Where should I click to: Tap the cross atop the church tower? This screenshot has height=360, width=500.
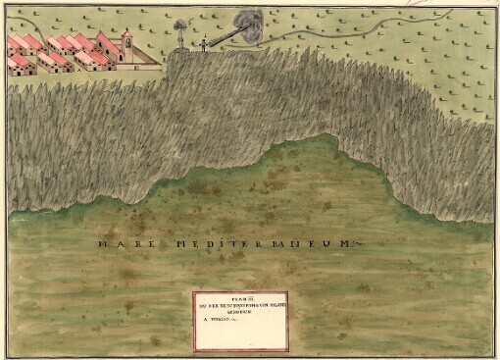click(126, 30)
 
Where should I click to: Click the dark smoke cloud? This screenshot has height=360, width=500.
click(247, 24)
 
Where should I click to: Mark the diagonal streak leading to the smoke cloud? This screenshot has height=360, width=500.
click(220, 37)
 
